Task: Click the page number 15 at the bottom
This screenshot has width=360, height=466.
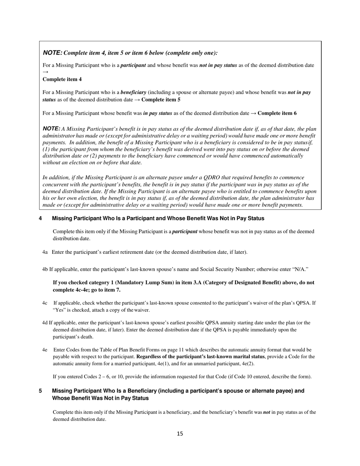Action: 180,434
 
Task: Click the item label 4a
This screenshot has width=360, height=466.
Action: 45,252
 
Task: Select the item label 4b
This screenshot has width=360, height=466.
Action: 45,269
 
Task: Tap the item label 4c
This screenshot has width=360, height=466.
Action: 45,303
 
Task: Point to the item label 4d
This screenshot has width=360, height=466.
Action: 45,323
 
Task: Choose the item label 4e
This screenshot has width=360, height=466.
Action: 45,350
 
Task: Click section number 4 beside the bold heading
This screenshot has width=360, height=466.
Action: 40,219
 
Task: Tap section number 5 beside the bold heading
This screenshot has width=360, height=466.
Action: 40,391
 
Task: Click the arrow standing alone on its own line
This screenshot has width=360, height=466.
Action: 45,72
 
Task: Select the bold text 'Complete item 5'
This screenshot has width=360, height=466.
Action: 161,100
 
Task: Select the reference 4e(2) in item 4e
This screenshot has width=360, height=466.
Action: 248,364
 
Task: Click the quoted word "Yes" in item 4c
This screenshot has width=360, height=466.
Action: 59,310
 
